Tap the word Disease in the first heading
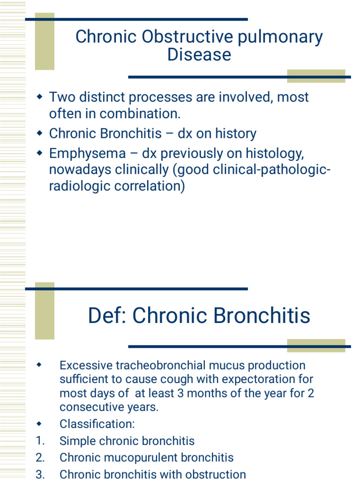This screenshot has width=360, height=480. [199, 55]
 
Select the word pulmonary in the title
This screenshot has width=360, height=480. [281, 37]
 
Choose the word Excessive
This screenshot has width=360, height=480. [87, 365]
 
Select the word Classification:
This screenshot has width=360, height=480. [97, 424]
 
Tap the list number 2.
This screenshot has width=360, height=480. [40, 457]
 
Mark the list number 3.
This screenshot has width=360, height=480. [40, 474]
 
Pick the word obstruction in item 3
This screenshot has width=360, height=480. [215, 474]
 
